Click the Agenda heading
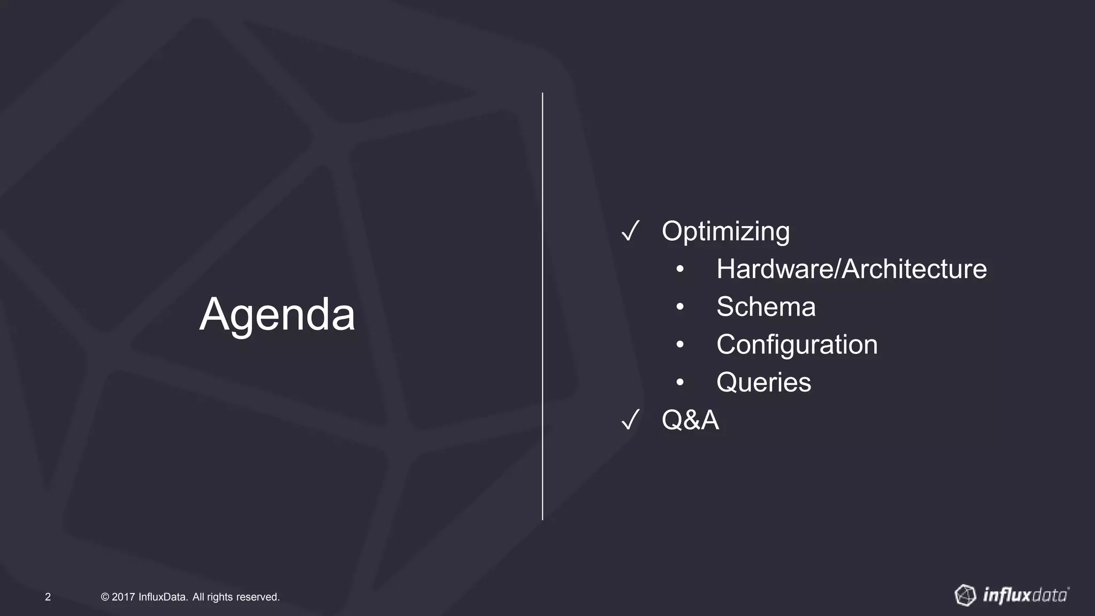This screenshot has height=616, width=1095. [277, 314]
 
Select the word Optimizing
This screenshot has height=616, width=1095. [726, 232]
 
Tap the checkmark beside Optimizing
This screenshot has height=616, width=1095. [630, 232]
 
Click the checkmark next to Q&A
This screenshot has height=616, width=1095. [630, 420]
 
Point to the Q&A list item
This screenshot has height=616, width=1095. [690, 420]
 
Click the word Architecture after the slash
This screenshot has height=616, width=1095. [914, 269]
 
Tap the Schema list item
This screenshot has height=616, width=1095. [766, 307]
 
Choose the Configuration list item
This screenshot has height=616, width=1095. [797, 345]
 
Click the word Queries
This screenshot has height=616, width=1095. [764, 383]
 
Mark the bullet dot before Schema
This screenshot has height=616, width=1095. [680, 307]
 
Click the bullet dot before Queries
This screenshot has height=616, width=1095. [680, 383]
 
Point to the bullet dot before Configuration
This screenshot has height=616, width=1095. [680, 345]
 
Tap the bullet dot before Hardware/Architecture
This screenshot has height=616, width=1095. [680, 269]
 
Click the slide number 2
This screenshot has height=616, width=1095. [48, 597]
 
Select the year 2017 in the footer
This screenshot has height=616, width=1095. [123, 597]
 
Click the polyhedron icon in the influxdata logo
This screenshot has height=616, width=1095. [966, 595]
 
